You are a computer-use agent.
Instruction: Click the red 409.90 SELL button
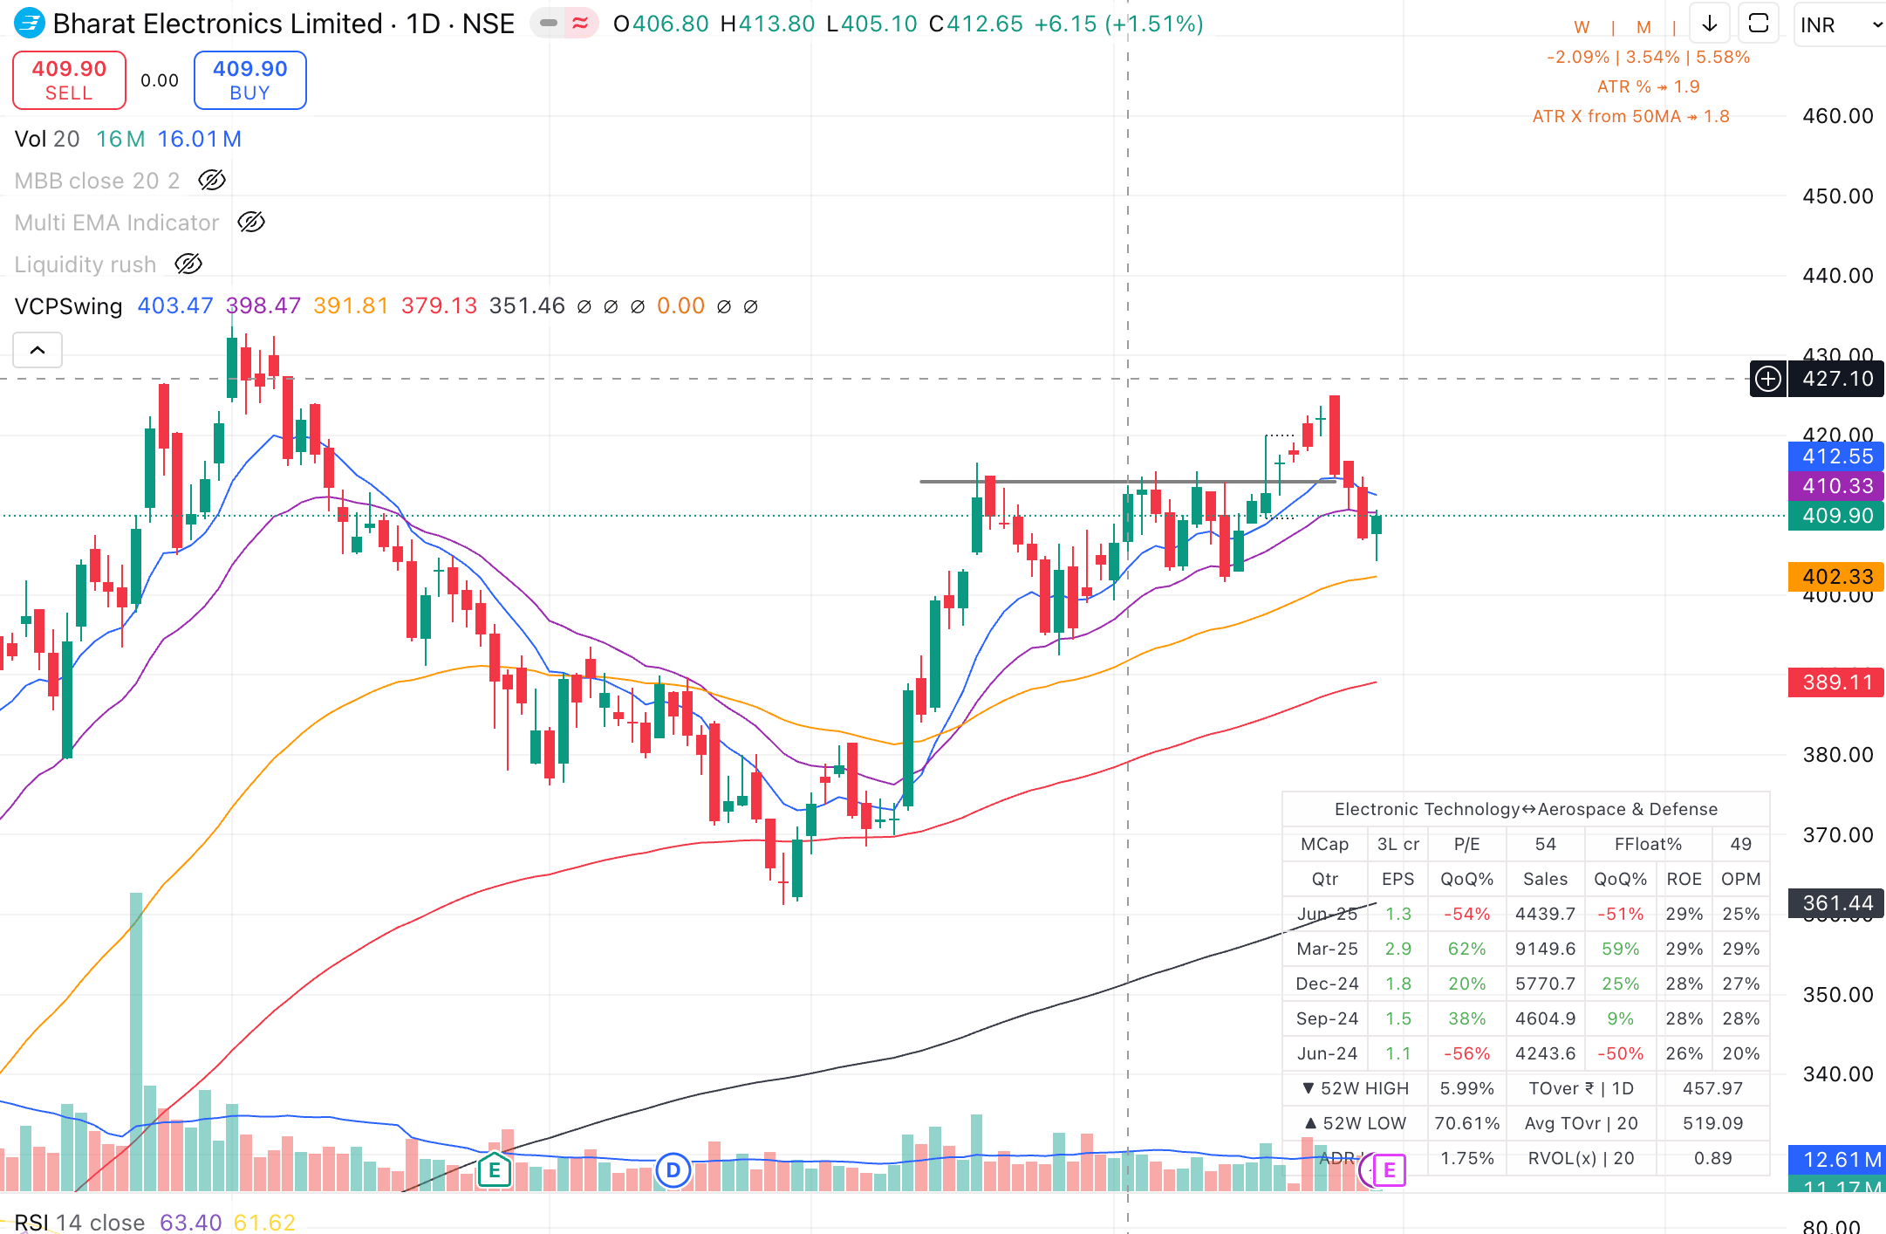pyautogui.click(x=69, y=80)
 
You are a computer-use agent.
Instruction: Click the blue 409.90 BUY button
pyautogui.click(x=249, y=80)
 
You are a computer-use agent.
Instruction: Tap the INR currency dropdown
pyautogui.click(x=1837, y=25)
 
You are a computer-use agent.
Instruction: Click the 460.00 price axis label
pyautogui.click(x=1837, y=116)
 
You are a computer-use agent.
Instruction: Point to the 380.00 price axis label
pyautogui.click(x=1837, y=755)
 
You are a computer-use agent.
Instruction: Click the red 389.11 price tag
pyautogui.click(x=1836, y=682)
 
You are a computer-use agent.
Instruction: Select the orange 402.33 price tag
pyautogui.click(x=1836, y=577)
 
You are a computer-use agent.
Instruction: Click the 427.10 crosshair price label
pyautogui.click(x=1836, y=379)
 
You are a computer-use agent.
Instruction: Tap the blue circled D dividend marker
pyautogui.click(x=673, y=1169)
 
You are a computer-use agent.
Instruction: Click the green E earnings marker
pyautogui.click(x=494, y=1169)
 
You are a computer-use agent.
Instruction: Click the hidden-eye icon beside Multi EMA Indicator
pyautogui.click(x=251, y=223)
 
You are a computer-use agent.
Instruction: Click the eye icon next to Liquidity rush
pyautogui.click(x=188, y=264)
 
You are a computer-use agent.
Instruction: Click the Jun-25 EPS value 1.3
pyautogui.click(x=1397, y=914)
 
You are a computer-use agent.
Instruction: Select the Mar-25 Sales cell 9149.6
pyautogui.click(x=1545, y=949)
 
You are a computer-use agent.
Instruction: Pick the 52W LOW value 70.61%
pyautogui.click(x=1466, y=1123)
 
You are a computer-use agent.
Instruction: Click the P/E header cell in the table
pyautogui.click(x=1466, y=844)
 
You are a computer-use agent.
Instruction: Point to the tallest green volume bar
pyautogui.click(x=136, y=1039)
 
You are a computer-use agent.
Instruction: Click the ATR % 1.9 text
pyautogui.click(x=1647, y=86)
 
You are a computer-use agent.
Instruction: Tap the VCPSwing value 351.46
pyautogui.click(x=527, y=306)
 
